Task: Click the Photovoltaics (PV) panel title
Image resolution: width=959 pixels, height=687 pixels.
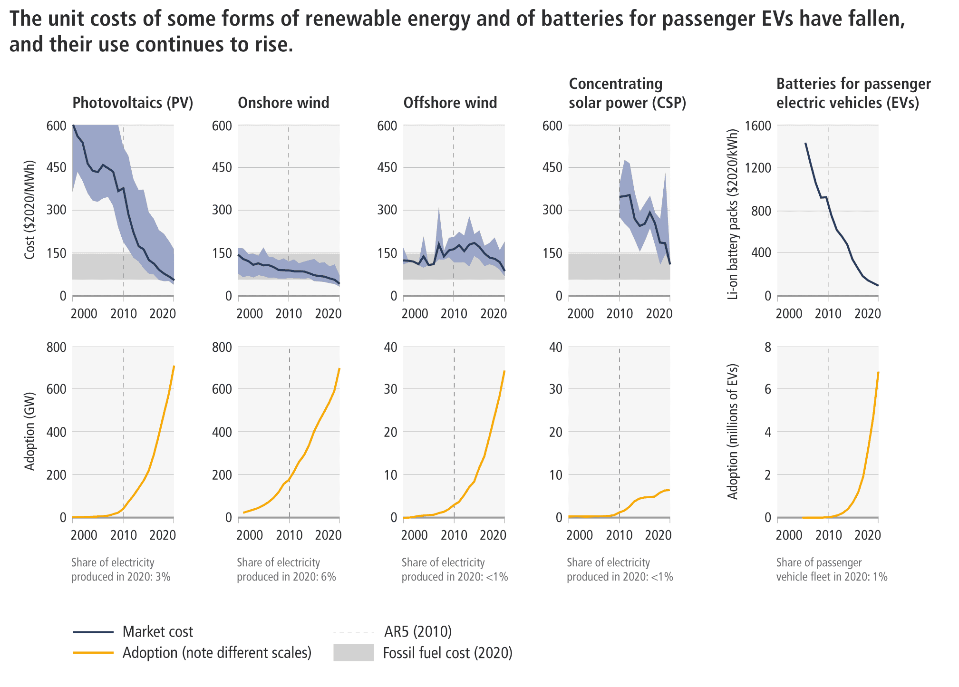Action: coord(133,103)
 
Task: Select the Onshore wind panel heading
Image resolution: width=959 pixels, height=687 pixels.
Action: coord(283,103)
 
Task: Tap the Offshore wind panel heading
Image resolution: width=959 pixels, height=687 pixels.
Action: coord(450,103)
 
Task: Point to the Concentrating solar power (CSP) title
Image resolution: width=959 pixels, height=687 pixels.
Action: coord(627,94)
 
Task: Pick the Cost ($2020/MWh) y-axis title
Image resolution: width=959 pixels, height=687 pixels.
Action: coord(29,210)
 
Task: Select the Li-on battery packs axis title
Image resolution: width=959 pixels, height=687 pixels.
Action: coord(733,214)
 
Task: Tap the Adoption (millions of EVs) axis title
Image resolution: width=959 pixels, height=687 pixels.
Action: coord(733,432)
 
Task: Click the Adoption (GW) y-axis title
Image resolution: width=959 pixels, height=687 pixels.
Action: coord(29,432)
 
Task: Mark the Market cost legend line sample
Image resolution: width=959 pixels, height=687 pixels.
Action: coord(93,632)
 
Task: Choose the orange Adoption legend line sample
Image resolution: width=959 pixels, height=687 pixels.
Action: coord(93,653)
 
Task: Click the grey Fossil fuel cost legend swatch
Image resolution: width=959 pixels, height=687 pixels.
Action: coord(353,653)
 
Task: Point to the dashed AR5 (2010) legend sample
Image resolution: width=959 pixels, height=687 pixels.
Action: coord(354,632)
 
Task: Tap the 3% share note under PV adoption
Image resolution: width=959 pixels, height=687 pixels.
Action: coord(121,570)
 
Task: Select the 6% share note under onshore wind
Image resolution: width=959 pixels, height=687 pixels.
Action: coord(286,570)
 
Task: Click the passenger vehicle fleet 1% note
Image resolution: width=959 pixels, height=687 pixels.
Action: coord(832,570)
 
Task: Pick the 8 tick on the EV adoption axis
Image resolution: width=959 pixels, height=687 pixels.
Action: coord(767,347)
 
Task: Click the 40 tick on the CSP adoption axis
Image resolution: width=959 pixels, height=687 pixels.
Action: coord(556,347)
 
